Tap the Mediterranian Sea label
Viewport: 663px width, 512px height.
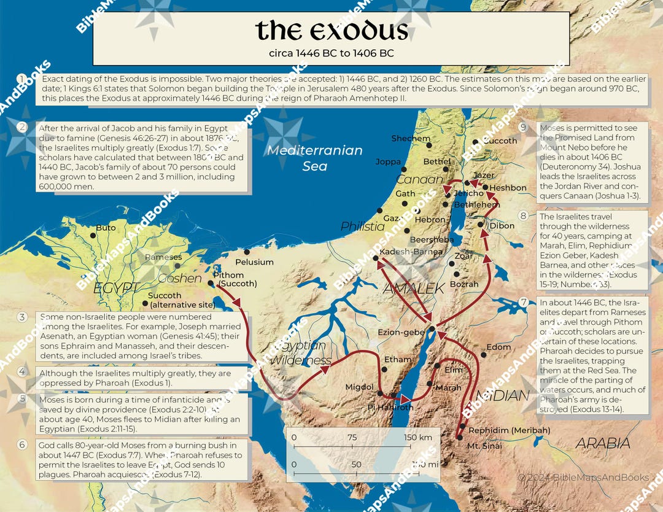315,158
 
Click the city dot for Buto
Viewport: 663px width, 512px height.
93,235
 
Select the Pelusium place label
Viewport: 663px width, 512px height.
254,262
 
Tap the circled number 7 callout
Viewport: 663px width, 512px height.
523,302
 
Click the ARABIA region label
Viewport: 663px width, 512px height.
602,443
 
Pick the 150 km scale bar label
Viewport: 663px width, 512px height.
417,437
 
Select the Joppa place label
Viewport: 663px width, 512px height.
389,161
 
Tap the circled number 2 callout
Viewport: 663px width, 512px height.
23,128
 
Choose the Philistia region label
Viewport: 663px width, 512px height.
362,227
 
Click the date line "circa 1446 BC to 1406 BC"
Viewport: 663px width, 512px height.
331,53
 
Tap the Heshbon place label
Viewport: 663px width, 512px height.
509,188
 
